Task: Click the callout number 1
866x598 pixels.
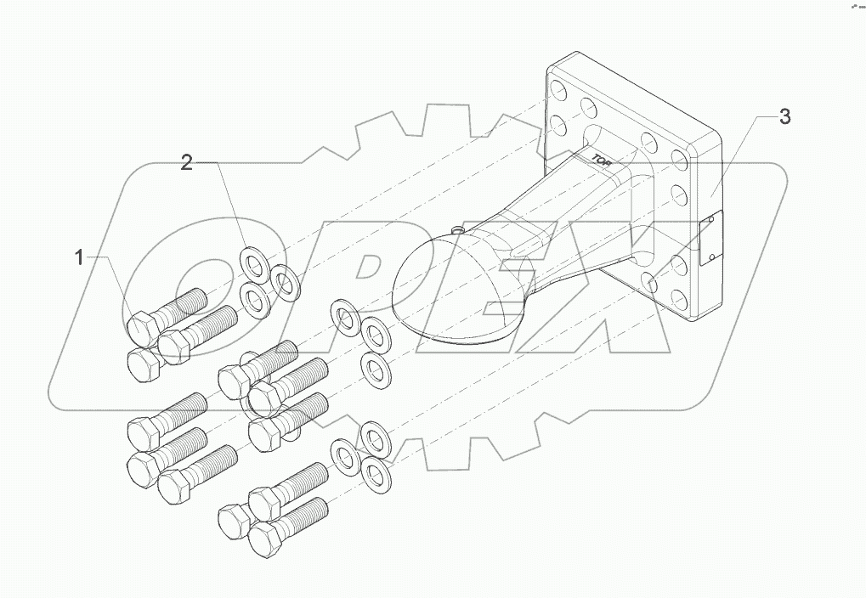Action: click(x=80, y=257)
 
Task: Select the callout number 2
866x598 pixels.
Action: click(x=186, y=163)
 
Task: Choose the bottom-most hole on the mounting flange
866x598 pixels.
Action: click(x=681, y=299)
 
